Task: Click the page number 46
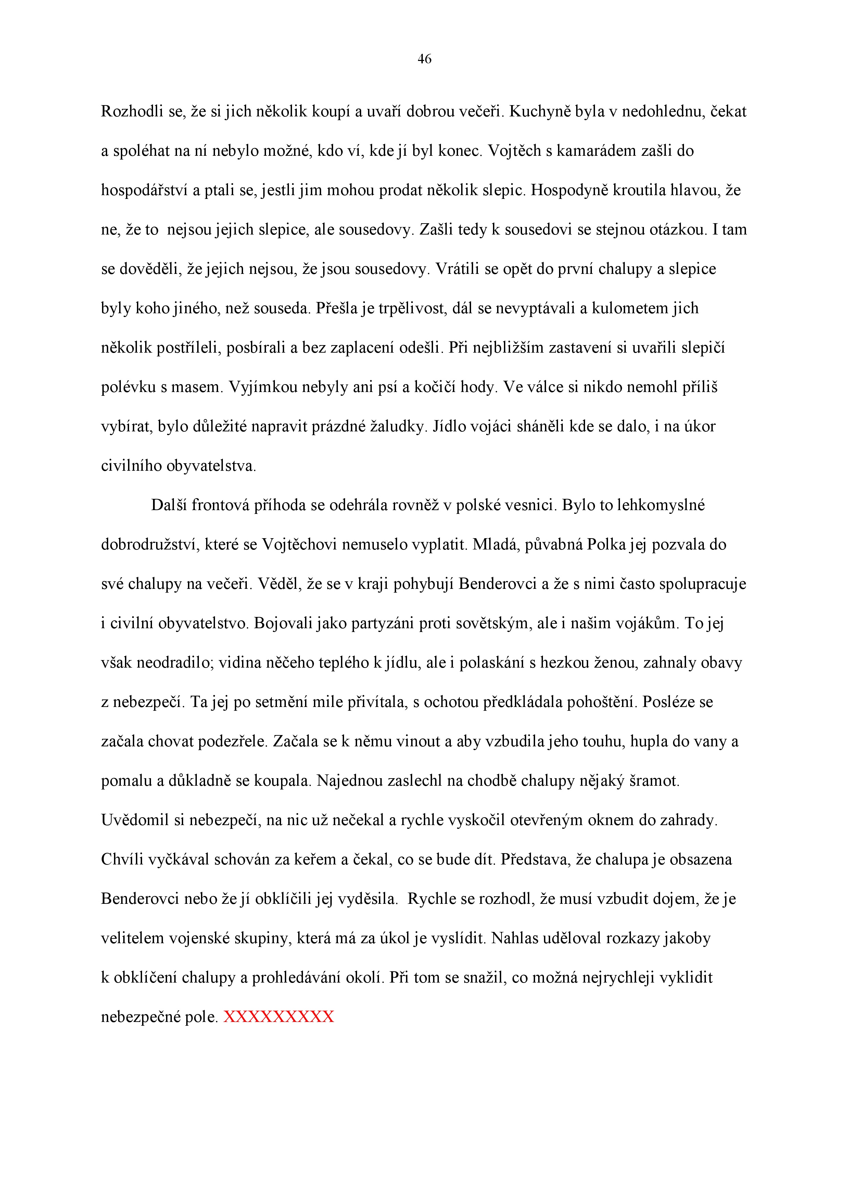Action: pyautogui.click(x=424, y=60)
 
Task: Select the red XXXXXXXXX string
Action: pyautogui.click(x=278, y=1017)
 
